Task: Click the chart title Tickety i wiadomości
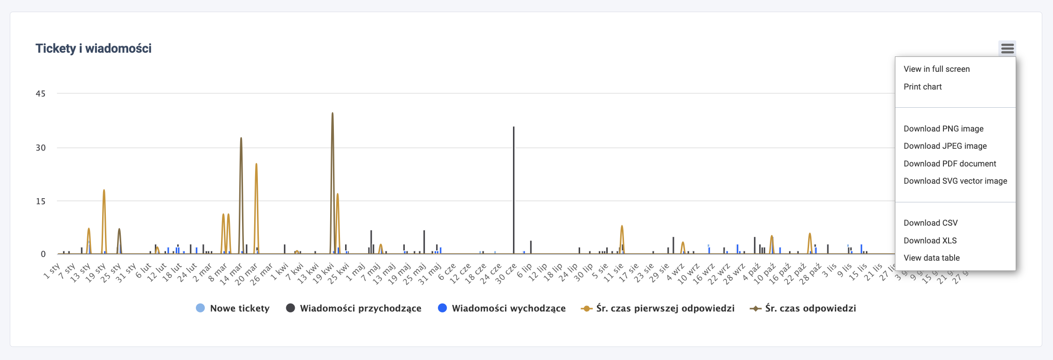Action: coord(93,48)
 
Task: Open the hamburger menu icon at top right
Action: coord(1007,48)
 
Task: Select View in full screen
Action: coord(936,69)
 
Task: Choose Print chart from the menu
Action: coord(922,87)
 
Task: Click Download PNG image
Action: coord(943,129)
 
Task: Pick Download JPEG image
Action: coord(945,146)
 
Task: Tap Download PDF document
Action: coord(949,164)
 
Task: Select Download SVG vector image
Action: coord(955,181)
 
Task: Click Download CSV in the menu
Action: coord(930,223)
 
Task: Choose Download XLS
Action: coord(930,241)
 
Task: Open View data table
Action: coord(931,258)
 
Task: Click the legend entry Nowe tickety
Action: coord(239,308)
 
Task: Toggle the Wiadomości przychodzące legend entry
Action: coord(360,308)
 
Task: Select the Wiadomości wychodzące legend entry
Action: coord(508,308)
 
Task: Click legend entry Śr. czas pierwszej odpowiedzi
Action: coord(665,308)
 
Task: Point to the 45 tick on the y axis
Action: coord(41,94)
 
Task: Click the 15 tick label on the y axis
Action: coord(41,201)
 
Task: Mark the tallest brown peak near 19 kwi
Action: coord(333,113)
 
